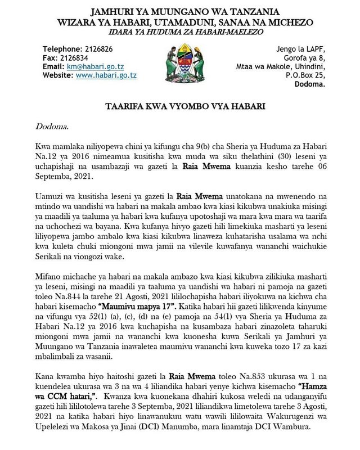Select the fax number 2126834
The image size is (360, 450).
(x=77, y=58)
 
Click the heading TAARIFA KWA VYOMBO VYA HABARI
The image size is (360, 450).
(x=180, y=105)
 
